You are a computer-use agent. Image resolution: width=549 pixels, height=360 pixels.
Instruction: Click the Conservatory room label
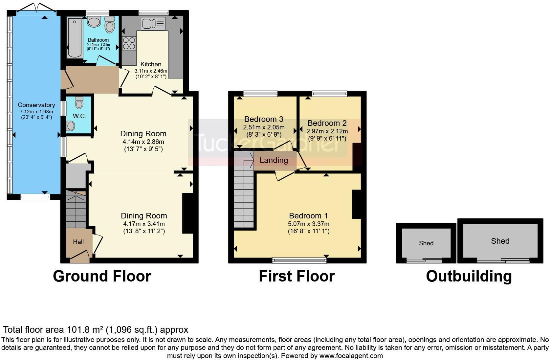point(36,105)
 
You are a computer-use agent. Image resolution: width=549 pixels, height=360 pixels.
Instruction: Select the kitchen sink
point(153,24)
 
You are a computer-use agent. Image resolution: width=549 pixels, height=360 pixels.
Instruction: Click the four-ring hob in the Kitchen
point(129,43)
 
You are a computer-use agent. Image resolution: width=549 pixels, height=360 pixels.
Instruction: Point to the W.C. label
point(80,116)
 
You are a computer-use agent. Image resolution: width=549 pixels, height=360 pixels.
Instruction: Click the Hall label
point(78,242)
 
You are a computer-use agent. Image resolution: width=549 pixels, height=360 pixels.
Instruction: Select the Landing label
point(274,160)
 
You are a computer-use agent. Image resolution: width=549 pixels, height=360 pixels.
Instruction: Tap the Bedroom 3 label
point(264,119)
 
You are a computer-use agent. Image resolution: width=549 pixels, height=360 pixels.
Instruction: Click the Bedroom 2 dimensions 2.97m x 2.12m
point(327,131)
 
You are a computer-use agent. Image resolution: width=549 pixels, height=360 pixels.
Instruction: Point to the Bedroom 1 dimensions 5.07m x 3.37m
point(309,224)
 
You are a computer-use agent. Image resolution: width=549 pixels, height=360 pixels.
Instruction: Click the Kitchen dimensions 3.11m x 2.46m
point(151,71)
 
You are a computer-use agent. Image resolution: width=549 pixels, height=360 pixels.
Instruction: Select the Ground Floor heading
point(102,276)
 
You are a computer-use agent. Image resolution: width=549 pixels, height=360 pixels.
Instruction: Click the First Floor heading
point(297,276)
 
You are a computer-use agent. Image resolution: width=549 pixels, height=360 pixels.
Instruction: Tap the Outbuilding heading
point(469,277)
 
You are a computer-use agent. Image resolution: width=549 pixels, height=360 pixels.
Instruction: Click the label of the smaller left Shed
point(426,243)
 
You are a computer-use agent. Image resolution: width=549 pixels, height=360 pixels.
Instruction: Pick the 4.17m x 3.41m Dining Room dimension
point(144,224)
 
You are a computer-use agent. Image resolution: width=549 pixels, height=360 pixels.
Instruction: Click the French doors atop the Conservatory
point(36,7)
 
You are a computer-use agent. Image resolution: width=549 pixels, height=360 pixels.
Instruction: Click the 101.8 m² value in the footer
point(85,329)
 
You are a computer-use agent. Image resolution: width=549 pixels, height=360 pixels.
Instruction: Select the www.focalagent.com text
point(351,356)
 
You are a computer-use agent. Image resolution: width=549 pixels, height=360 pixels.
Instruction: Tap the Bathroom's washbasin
point(94,22)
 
